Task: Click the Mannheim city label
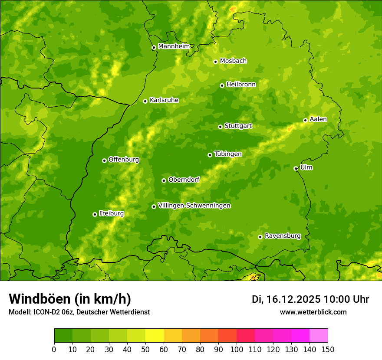pyautogui.click(x=174, y=46)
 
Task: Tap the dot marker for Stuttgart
pyautogui.click(x=220, y=127)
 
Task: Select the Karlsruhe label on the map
pyautogui.click(x=164, y=100)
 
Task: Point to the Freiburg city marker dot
pyautogui.click(x=95, y=214)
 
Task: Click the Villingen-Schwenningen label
pyautogui.click(x=194, y=206)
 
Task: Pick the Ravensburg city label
pyautogui.click(x=282, y=236)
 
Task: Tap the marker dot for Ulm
pyautogui.click(x=296, y=168)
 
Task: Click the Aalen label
pyautogui.click(x=318, y=119)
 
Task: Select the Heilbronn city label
pyautogui.click(x=241, y=85)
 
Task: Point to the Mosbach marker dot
pyautogui.click(x=215, y=62)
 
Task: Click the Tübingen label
pyautogui.click(x=227, y=154)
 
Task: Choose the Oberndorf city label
pyautogui.click(x=184, y=180)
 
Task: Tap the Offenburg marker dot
pyautogui.click(x=104, y=160)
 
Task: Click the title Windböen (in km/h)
pyautogui.click(x=70, y=299)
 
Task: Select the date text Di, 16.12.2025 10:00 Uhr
pyautogui.click(x=310, y=299)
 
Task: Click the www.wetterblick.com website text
pyautogui.click(x=313, y=312)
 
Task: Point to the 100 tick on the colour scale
pyautogui.click(x=237, y=349)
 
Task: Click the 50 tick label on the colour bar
pyautogui.click(x=145, y=349)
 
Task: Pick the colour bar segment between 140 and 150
pyautogui.click(x=319, y=336)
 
